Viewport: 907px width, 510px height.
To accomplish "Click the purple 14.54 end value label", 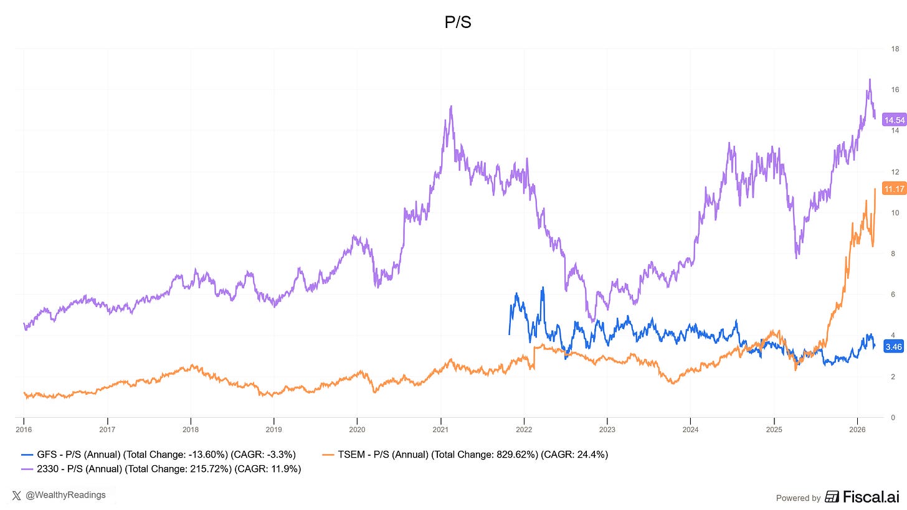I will click(x=894, y=120).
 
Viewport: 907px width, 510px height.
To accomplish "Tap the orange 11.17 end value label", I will click(x=894, y=189).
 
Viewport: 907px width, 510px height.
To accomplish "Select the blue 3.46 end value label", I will click(x=893, y=346).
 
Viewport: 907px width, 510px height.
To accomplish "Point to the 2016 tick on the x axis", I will click(x=24, y=429).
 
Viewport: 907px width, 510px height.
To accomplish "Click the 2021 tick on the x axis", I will click(x=440, y=429).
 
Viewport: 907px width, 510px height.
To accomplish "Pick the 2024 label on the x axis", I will click(x=690, y=429).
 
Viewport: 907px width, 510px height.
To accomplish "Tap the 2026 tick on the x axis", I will click(x=857, y=429).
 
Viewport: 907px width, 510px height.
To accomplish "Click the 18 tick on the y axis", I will click(x=895, y=49).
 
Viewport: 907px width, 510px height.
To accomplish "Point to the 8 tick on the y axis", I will click(x=895, y=253).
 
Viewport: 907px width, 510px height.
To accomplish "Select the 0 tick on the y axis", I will click(x=895, y=417).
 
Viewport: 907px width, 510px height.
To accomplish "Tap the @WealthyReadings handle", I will click(x=66, y=495).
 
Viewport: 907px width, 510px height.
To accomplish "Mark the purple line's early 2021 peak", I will click(x=450, y=106).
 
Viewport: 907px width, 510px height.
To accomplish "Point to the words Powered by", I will click(x=798, y=498).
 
